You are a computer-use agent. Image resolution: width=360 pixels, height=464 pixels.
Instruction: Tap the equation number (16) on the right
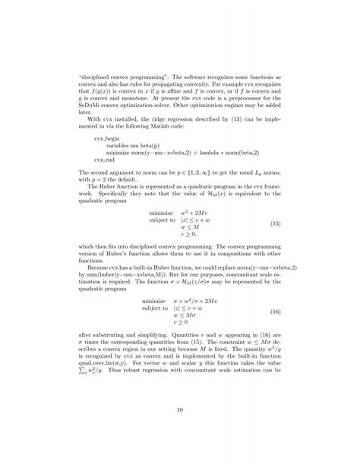[276, 313]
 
